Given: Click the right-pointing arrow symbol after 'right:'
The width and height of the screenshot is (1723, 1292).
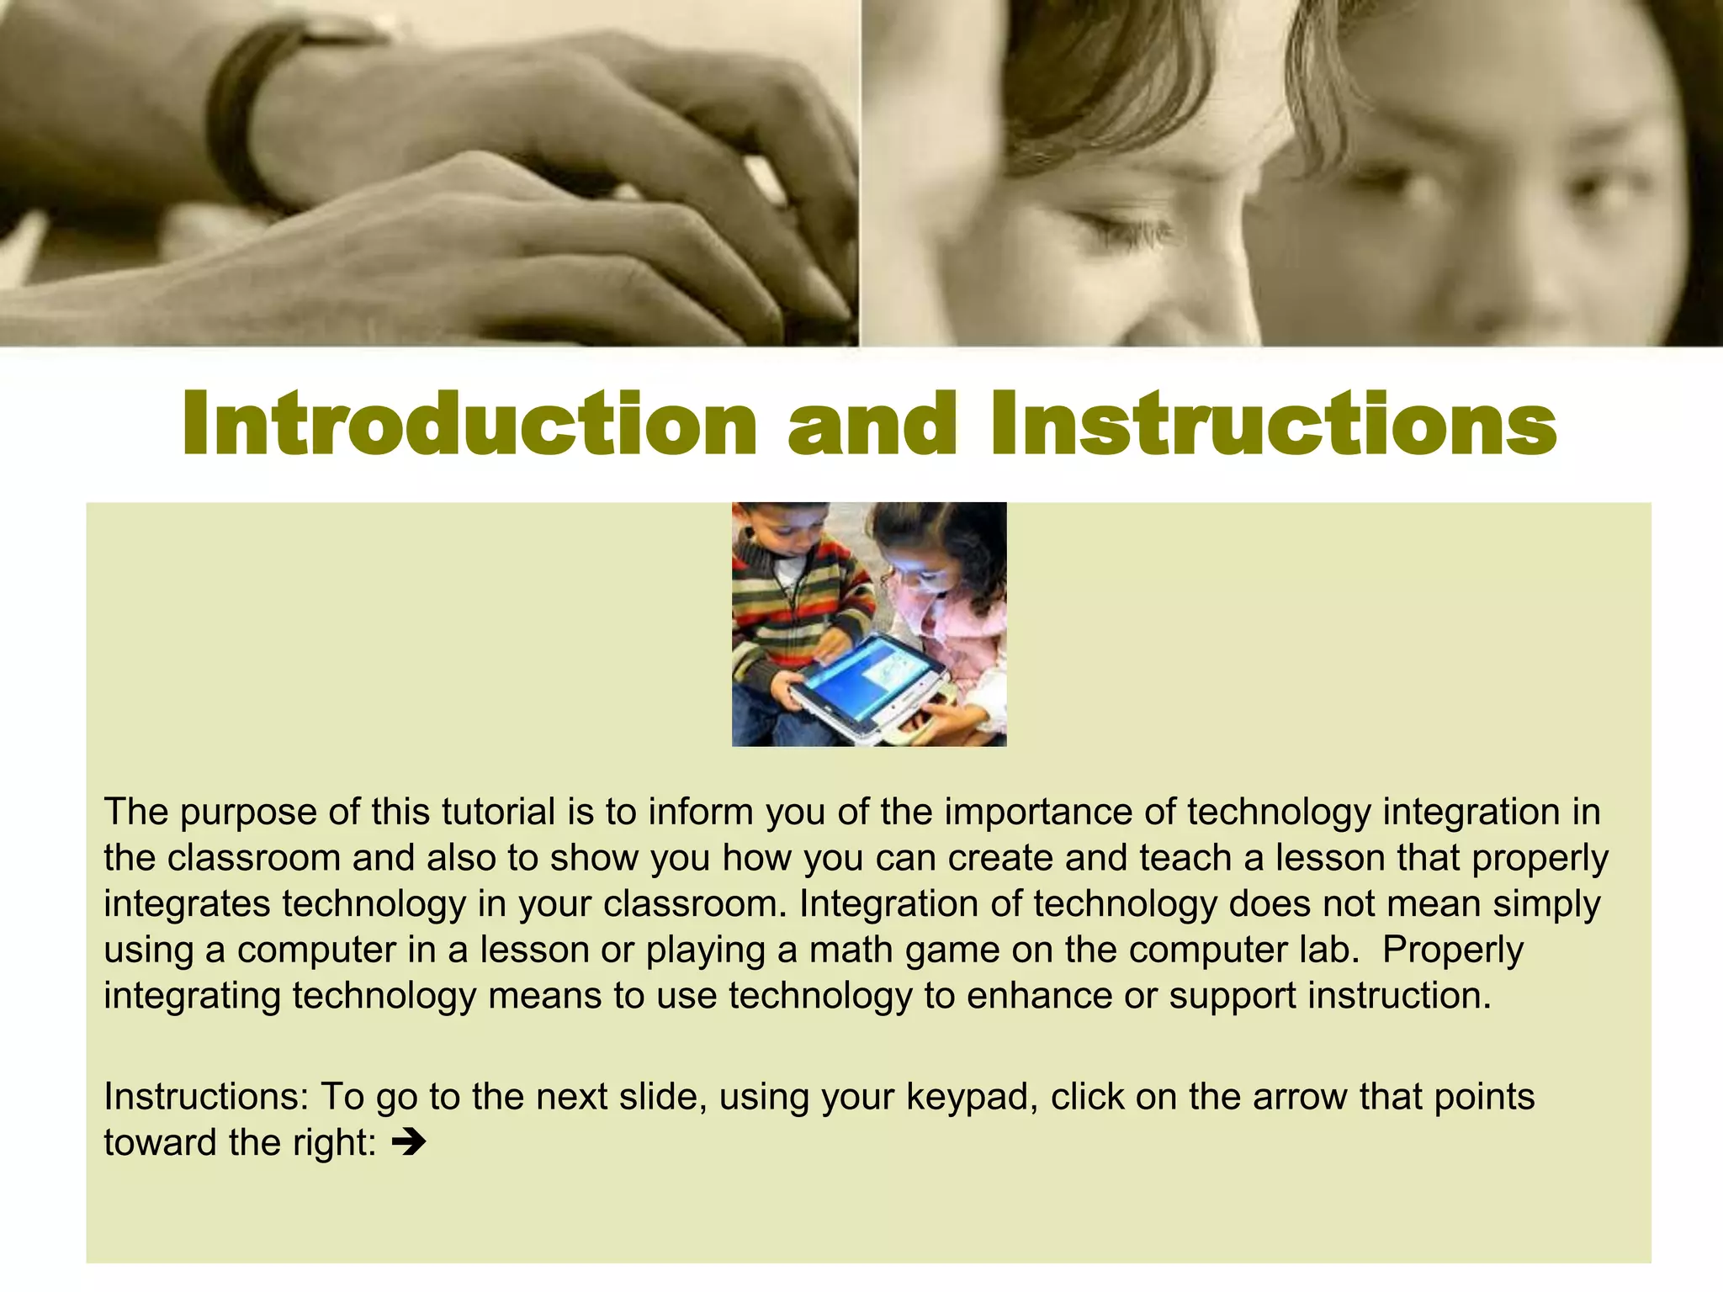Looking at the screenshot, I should click(410, 1142).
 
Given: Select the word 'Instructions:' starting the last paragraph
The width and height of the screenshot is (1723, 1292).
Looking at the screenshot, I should click(207, 1097).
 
